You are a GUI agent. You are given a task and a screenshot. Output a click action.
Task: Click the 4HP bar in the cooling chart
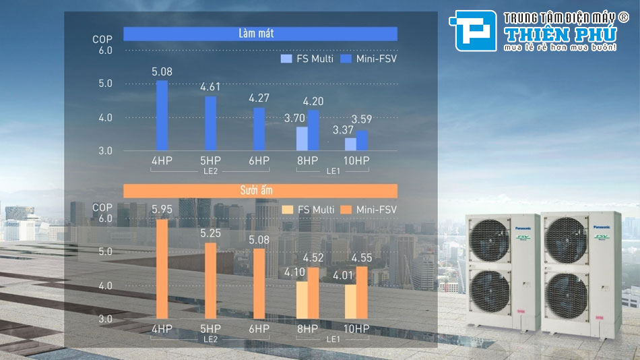[x=162, y=115]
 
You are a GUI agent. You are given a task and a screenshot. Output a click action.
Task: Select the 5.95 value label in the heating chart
[x=162, y=209]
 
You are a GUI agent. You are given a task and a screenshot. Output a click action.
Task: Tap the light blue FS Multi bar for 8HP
[x=302, y=139]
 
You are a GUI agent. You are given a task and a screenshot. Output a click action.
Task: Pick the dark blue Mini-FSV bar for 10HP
[x=362, y=140]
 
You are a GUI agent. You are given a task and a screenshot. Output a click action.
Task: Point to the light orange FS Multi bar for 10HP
[x=350, y=301]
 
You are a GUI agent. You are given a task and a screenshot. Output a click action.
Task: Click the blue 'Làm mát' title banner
[x=260, y=34]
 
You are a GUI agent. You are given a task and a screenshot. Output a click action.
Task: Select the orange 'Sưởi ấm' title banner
[x=260, y=191]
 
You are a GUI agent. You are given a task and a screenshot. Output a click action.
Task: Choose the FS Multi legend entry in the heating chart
[x=309, y=210]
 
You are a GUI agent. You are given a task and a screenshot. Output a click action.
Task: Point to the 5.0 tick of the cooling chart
[x=105, y=84]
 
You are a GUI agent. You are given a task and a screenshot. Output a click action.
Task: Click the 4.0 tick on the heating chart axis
[x=105, y=285]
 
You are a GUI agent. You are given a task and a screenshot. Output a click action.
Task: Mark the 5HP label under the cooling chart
[x=210, y=160]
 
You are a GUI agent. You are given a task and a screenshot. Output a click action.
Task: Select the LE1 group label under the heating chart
[x=333, y=339]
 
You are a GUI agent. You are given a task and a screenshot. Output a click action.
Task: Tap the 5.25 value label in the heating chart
[x=210, y=233]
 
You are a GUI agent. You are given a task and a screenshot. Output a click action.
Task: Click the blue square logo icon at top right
[x=476, y=30]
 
